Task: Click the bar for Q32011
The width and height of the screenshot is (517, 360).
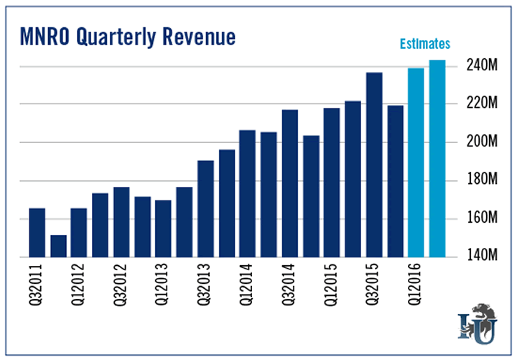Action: click(x=37, y=232)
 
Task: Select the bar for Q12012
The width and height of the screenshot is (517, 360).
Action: click(x=79, y=232)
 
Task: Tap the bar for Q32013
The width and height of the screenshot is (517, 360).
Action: click(x=205, y=208)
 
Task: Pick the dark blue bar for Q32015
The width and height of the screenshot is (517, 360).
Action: click(x=373, y=165)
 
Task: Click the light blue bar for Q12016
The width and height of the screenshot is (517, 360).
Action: click(x=416, y=162)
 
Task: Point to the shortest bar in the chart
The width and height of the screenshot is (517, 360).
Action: click(x=58, y=246)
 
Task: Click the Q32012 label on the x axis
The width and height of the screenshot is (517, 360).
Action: click(x=121, y=287)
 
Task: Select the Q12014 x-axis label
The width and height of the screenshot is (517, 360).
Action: click(x=247, y=287)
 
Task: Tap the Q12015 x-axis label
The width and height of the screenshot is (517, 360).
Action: click(x=331, y=287)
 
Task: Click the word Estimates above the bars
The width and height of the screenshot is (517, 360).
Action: click(x=424, y=44)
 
